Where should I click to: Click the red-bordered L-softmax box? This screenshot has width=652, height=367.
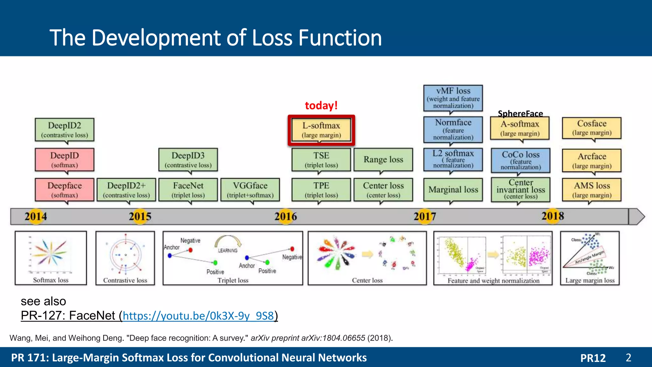click(x=321, y=130)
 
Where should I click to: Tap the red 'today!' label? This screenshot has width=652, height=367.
click(x=321, y=105)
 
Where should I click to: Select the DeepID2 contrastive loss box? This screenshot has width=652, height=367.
click(x=64, y=130)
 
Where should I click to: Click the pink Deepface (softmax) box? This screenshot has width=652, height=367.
click(x=64, y=190)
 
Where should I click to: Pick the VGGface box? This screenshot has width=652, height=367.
click(x=250, y=190)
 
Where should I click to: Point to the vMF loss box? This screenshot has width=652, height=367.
click(x=453, y=98)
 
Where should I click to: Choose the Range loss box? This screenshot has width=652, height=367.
click(x=383, y=159)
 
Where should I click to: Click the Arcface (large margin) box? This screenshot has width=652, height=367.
click(x=592, y=160)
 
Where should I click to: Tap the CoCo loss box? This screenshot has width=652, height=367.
click(x=521, y=160)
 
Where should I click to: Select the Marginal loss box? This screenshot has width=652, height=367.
click(x=453, y=190)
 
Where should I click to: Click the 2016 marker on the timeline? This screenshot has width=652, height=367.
click(x=286, y=217)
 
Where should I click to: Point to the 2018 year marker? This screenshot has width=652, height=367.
click(x=553, y=216)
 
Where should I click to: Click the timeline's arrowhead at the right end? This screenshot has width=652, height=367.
click(x=637, y=217)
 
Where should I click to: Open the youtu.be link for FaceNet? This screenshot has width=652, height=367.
click(x=198, y=316)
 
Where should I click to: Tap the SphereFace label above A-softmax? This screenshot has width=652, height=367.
click(x=520, y=113)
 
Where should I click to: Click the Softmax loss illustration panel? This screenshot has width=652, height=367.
click(x=51, y=258)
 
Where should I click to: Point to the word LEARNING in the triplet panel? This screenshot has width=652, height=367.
click(x=228, y=250)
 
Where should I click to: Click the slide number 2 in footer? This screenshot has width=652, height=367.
click(x=628, y=357)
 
